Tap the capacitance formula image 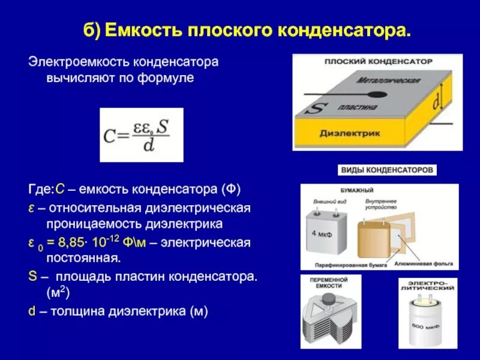[141, 135]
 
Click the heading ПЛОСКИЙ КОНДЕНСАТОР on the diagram [378, 62]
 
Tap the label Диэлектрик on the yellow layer [350, 134]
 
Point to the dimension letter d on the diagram [435, 103]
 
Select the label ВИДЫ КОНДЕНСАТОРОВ [388, 170]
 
